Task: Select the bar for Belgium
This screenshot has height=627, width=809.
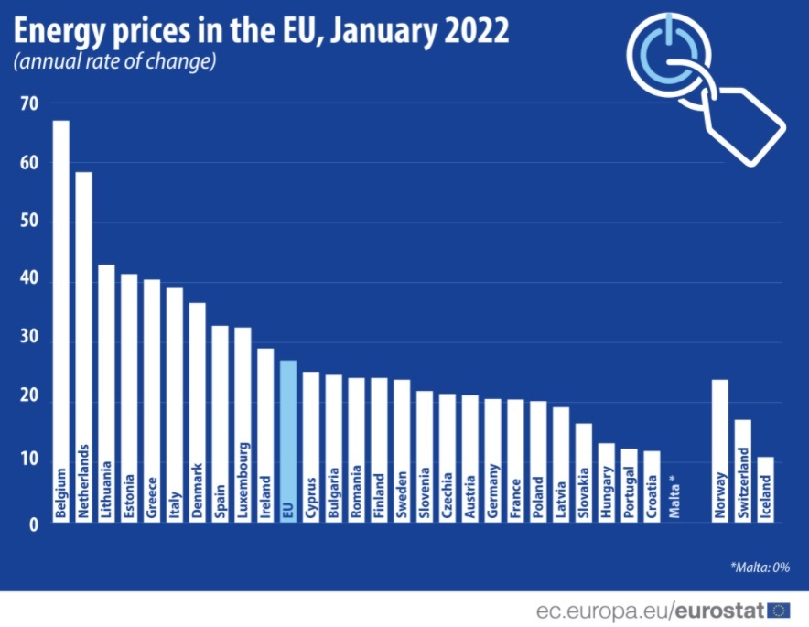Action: pyautogui.click(x=61, y=321)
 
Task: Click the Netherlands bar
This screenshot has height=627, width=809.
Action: pyautogui.click(x=83, y=347)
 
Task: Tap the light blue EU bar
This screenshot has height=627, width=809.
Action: pyautogui.click(x=288, y=441)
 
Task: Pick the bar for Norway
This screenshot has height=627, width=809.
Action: pyautogui.click(x=719, y=451)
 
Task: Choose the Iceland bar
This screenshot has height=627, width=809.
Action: pyautogui.click(x=765, y=489)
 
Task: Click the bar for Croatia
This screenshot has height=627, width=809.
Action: pyautogui.click(x=652, y=487)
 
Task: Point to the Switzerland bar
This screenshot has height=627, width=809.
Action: pyautogui.click(x=742, y=470)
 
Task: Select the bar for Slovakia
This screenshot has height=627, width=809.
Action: pyautogui.click(x=584, y=472)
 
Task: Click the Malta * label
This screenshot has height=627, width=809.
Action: pyautogui.click(x=674, y=500)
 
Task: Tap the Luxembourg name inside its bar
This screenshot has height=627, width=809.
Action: pyautogui.click(x=243, y=481)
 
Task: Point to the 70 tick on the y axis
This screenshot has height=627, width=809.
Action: pyautogui.click(x=29, y=103)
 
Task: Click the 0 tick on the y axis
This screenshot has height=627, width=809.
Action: pyautogui.click(x=34, y=524)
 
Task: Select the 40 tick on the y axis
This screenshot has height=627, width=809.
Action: pyautogui.click(x=29, y=277)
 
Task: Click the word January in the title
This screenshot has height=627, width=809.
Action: pyautogui.click(x=383, y=31)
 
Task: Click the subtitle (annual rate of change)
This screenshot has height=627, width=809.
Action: pyautogui.click(x=114, y=61)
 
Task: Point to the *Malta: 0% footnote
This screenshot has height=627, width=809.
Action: pyautogui.click(x=760, y=568)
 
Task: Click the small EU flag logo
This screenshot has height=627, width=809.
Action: pyautogui.click(x=779, y=611)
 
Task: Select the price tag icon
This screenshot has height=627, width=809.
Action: pyautogui.click(x=742, y=125)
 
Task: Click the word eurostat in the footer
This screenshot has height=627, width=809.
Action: pyautogui.click(x=719, y=611)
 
